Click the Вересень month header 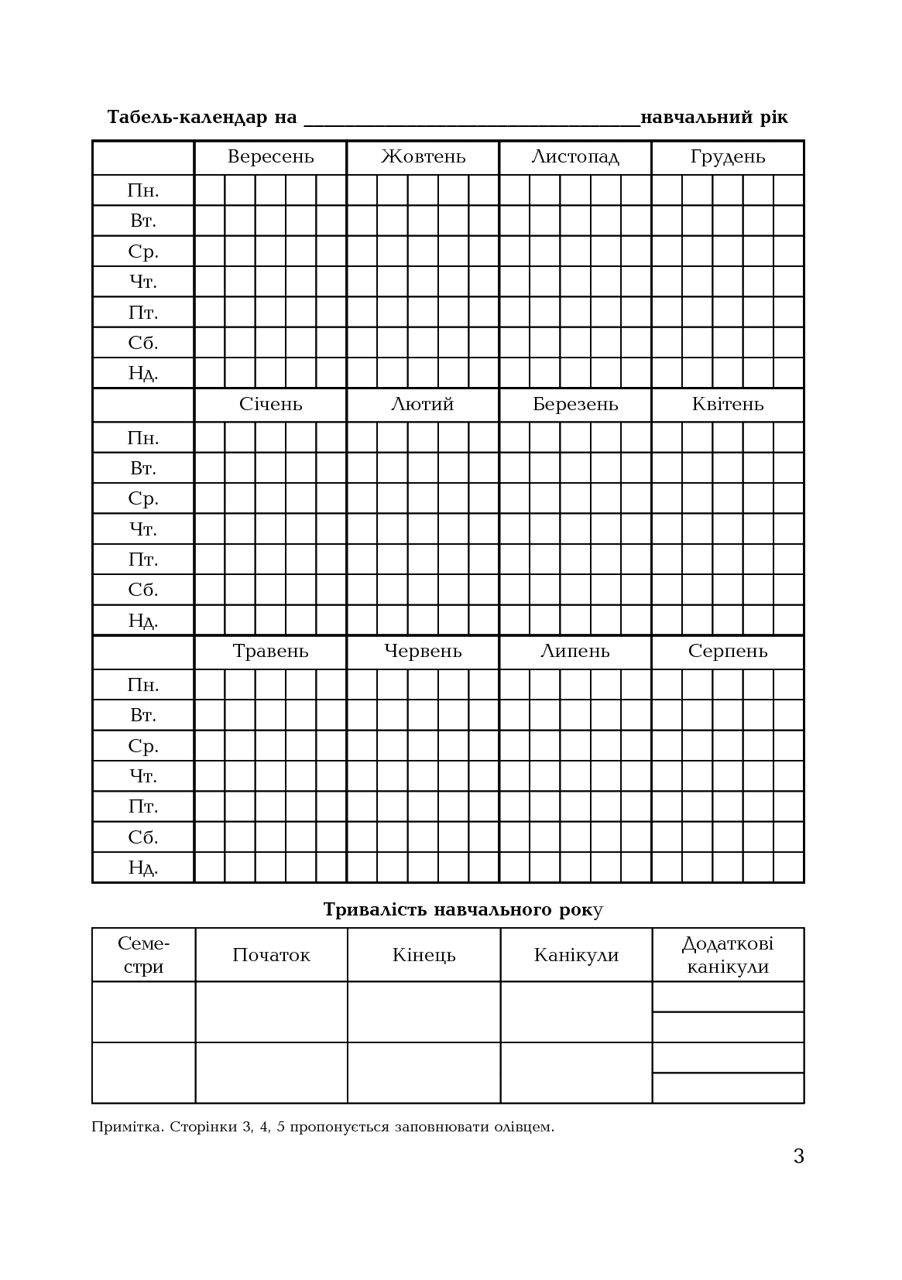click(270, 157)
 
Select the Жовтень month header click(423, 157)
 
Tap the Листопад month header click(575, 157)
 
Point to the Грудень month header click(728, 157)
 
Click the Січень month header click(270, 405)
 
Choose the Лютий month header click(423, 405)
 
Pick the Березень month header click(575, 405)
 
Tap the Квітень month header click(728, 405)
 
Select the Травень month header click(270, 652)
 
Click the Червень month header click(423, 652)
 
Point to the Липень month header click(575, 652)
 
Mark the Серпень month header click(728, 652)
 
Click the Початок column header click(271, 955)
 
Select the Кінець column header click(424, 955)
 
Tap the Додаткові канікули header click(728, 955)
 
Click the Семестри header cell click(143, 955)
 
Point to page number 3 click(798, 1156)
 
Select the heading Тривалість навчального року click(463, 909)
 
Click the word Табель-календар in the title click(187, 118)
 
